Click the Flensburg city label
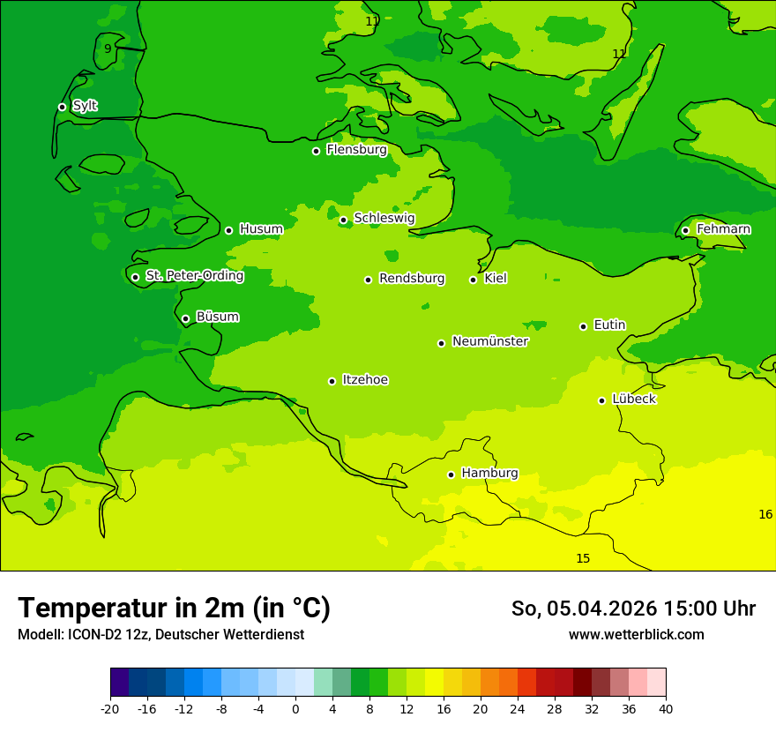(356, 150)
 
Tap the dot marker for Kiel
(473, 280)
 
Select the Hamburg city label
(489, 473)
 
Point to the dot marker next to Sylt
(62, 107)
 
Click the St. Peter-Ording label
(194, 276)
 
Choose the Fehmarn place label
(723, 229)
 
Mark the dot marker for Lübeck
(601, 400)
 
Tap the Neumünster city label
(489, 341)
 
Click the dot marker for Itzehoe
(332, 381)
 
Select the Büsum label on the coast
(217, 317)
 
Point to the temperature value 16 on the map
(765, 514)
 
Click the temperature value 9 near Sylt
(108, 49)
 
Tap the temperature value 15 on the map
(583, 558)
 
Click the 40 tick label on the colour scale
(666, 708)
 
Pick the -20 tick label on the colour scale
(110, 708)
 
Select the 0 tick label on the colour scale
(295, 708)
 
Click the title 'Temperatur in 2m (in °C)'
(174, 608)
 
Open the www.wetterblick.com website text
(636, 634)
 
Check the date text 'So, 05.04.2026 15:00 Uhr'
(633, 609)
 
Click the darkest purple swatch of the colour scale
(120, 683)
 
